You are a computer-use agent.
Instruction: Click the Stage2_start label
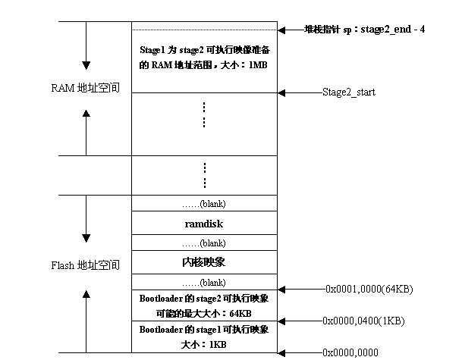348,92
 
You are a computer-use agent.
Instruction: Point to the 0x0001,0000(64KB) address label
369,289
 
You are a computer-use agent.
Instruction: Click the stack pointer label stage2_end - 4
364,30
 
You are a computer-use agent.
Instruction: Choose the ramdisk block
203,224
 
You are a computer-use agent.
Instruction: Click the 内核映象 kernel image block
204,262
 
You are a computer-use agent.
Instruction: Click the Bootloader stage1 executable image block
204,337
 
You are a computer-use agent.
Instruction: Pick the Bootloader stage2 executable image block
204,305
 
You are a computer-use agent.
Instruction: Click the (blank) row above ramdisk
204,204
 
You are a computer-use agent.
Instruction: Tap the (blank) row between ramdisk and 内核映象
204,243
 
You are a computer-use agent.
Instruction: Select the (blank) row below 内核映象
204,282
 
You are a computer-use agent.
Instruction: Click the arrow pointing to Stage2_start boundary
300,92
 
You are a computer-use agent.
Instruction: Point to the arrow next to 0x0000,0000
300,352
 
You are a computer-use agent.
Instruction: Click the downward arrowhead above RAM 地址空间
86,64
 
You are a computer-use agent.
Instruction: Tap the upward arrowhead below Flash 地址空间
86,291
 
